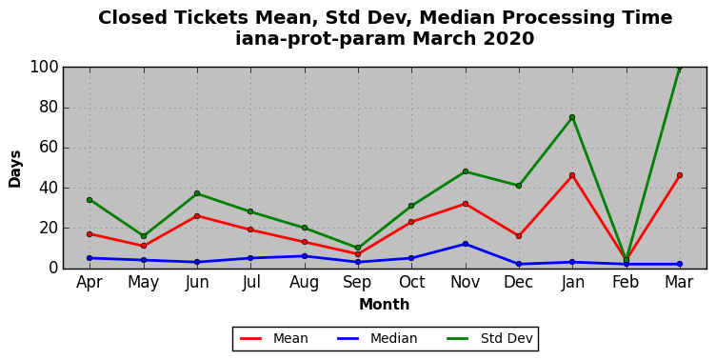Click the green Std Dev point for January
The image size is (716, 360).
coord(572,117)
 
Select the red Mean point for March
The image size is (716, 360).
coord(680,175)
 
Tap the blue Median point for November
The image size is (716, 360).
coord(466,244)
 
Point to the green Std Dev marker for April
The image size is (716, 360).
coord(89,200)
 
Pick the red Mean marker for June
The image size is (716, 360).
coord(197,216)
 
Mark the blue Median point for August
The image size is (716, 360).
coord(305,256)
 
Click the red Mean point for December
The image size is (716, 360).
coord(519,236)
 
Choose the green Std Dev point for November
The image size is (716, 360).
coord(466,171)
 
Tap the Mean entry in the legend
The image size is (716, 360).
coord(274,338)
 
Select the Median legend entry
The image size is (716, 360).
coord(377,338)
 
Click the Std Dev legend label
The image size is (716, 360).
coord(507,338)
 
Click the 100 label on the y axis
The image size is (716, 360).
coord(45,68)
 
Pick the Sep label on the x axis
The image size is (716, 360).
coord(358,282)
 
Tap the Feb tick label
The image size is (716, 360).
coord(626,282)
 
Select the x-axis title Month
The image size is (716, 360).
coord(384,304)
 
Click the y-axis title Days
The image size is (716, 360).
coord(14,169)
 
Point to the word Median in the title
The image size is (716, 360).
coord(459,18)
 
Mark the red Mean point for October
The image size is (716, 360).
coord(411,222)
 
